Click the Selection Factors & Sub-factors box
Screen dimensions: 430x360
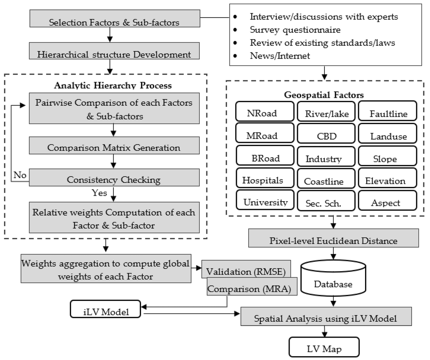pyautogui.click(x=115, y=18)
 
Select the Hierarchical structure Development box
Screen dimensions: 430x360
pyautogui.click(x=114, y=51)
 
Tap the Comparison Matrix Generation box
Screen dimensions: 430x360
pyautogui.click(x=114, y=146)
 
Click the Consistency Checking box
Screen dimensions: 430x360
pyautogui.click(x=114, y=177)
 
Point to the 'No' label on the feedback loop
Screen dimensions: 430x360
pyautogui.click(x=20, y=175)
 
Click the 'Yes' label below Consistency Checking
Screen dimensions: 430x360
pyautogui.click(x=99, y=193)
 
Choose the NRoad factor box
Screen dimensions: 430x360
pyautogui.click(x=265, y=111)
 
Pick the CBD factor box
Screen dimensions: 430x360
pyautogui.click(x=326, y=133)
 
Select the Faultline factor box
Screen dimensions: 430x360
pyautogui.click(x=387, y=111)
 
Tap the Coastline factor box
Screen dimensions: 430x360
pyautogui.click(x=326, y=178)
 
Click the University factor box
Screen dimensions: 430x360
pyautogui.click(x=265, y=200)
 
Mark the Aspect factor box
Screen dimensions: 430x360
pyautogui.click(x=387, y=200)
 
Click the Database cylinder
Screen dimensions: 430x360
pyautogui.click(x=333, y=278)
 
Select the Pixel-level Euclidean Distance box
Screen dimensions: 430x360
pyautogui.click(x=333, y=238)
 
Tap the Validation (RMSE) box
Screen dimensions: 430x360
pyautogui.click(x=246, y=269)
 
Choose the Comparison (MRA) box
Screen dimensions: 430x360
pyautogui.click(x=252, y=286)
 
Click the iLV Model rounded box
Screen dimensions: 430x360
pyautogui.click(x=106, y=309)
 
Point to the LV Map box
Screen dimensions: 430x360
pyautogui.click(x=324, y=347)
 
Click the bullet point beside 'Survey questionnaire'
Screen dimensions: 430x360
pyautogui.click(x=235, y=30)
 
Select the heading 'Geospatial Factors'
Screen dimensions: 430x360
pyautogui.click(x=324, y=95)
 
